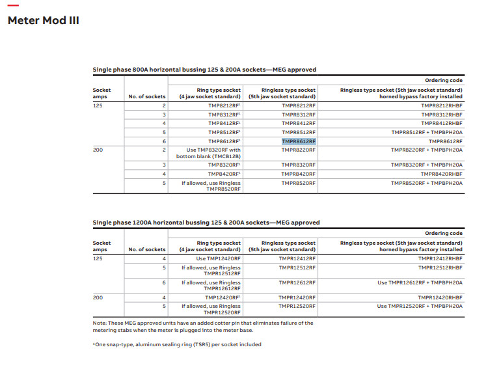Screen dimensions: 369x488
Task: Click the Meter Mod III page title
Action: [x=43, y=20]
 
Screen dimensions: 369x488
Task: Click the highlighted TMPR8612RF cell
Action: [x=299, y=141]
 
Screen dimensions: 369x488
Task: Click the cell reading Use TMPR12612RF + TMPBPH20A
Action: [x=420, y=282]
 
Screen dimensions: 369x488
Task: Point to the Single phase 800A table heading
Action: [x=204, y=70]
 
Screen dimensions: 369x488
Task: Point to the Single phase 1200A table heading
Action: [x=206, y=223]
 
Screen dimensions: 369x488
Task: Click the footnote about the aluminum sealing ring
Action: [x=177, y=344]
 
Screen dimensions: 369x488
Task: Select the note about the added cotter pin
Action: [x=203, y=326]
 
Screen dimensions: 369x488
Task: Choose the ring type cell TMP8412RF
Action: [x=224, y=123]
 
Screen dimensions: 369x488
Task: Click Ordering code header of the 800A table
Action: [x=444, y=81]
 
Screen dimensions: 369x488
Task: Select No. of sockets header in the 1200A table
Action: [x=147, y=249]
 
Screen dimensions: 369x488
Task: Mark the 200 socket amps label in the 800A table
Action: [x=98, y=150]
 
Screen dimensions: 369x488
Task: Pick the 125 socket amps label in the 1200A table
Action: [x=98, y=258]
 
